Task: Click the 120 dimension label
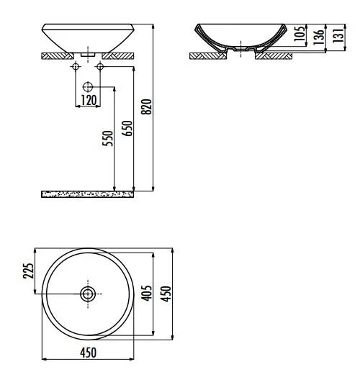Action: tap(89, 100)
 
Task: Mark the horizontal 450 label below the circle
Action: tap(89, 353)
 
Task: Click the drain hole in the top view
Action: tap(89, 293)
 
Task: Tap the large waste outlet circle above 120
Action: tap(89, 86)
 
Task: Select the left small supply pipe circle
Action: tap(75, 67)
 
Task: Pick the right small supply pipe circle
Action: tap(101, 67)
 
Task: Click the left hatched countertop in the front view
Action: tap(58, 55)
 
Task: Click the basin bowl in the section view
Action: tap(240, 36)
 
